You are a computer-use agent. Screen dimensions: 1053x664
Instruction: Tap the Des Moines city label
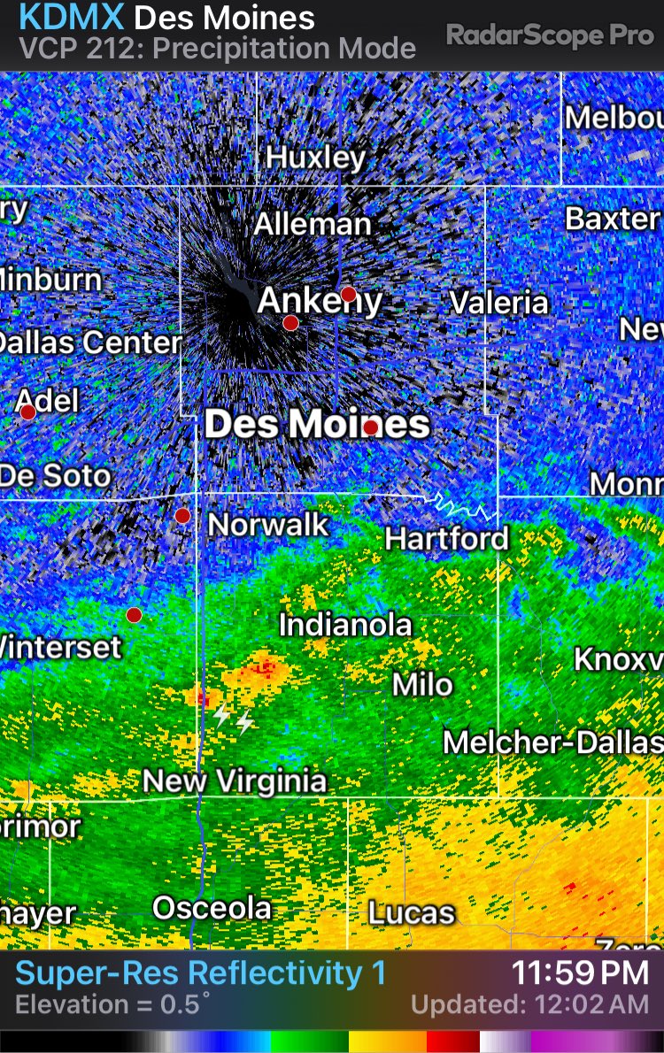click(x=317, y=425)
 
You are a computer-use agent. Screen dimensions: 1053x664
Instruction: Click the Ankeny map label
click(x=320, y=302)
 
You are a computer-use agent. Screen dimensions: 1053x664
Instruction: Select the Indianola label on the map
click(x=345, y=626)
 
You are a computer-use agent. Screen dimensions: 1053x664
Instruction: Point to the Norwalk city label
click(x=268, y=525)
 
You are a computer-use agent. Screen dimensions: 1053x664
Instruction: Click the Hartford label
click(x=447, y=538)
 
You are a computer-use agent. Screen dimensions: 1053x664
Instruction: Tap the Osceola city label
click(x=212, y=908)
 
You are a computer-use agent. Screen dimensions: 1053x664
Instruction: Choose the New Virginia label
click(x=235, y=781)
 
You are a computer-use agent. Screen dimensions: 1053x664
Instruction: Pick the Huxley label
click(x=315, y=158)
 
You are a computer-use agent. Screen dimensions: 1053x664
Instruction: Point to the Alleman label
click(x=313, y=224)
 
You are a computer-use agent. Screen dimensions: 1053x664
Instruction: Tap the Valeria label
click(x=498, y=303)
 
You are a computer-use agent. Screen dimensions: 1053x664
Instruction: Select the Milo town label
click(x=423, y=684)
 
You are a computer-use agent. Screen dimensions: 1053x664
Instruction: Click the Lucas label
click(x=411, y=912)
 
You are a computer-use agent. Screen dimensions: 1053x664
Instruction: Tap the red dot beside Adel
click(x=28, y=412)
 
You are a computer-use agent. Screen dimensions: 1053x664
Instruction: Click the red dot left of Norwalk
click(x=182, y=516)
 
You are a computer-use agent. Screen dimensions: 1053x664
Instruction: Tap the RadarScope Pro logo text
click(x=548, y=35)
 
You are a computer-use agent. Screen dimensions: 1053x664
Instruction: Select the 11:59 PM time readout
click(x=580, y=973)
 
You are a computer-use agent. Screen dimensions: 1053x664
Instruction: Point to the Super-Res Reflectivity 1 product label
click(x=201, y=973)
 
